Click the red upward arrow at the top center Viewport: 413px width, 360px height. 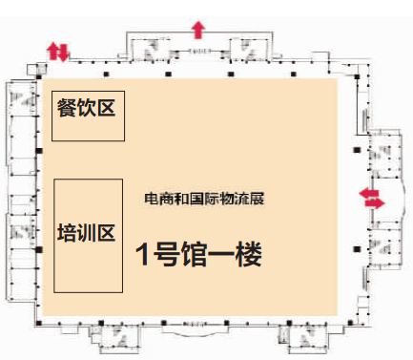coord(198,28)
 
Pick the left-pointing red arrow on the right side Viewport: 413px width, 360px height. coord(366,194)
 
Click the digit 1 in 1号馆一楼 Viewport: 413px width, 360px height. coord(143,255)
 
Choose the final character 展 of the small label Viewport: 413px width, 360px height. coord(257,199)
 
